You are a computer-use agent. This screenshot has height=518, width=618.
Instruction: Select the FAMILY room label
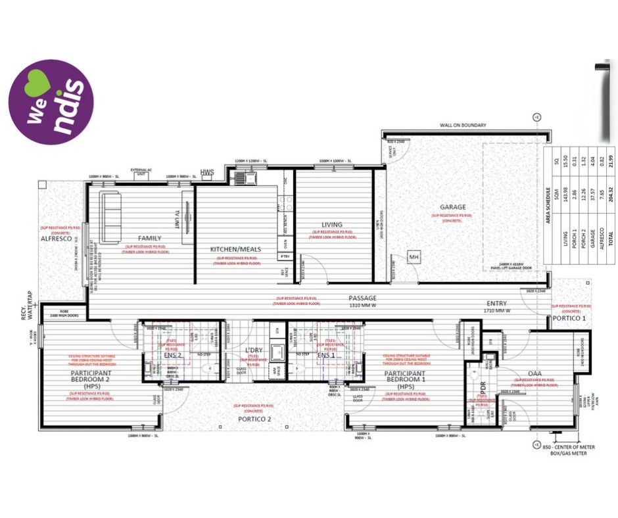150,238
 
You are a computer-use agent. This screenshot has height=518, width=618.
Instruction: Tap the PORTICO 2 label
254,418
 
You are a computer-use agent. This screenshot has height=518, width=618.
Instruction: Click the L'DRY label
254,350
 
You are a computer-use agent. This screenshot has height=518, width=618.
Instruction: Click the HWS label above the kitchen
208,172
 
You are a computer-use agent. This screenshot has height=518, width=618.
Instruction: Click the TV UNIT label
177,218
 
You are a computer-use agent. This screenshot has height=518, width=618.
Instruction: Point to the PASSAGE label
363,298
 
